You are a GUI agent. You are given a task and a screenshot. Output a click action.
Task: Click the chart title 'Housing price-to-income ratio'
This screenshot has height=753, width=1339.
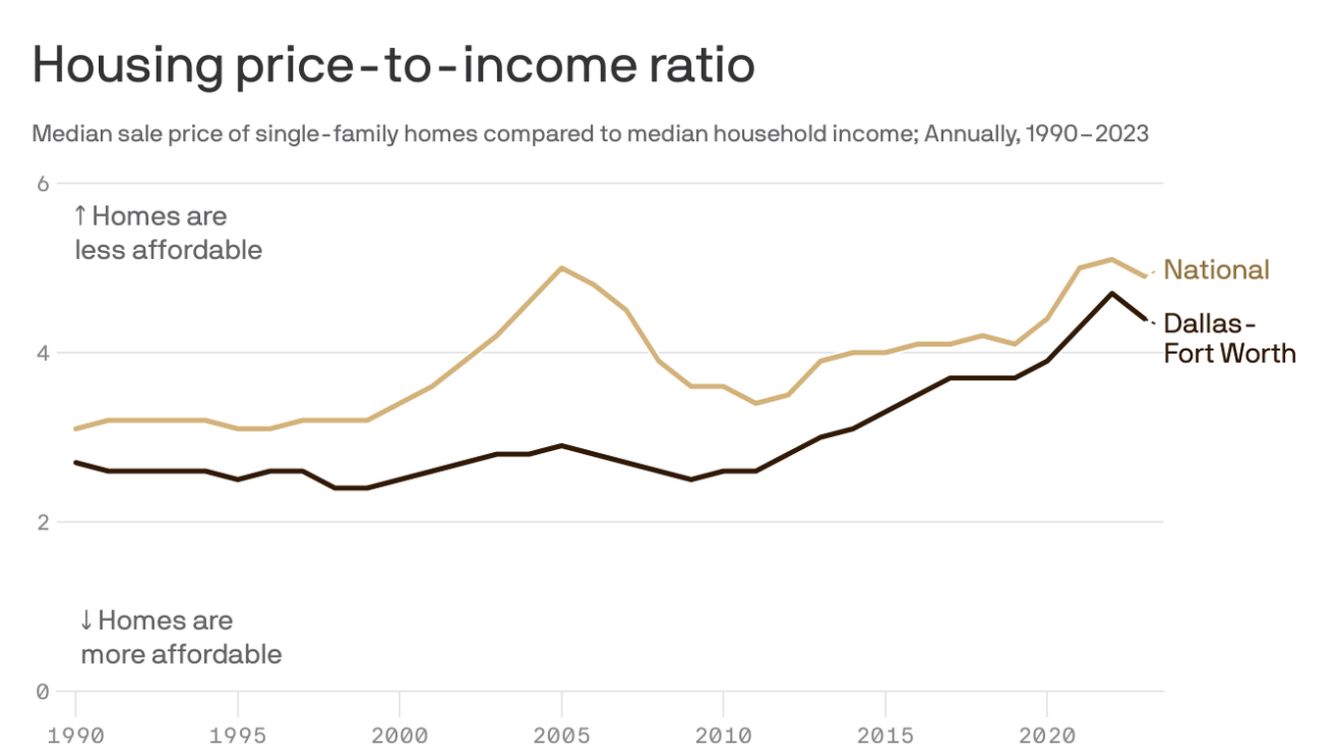393,66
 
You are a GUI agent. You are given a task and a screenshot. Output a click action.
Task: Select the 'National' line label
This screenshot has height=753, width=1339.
1215,270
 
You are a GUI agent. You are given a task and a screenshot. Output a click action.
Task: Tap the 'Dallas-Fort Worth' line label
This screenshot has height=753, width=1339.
1228,338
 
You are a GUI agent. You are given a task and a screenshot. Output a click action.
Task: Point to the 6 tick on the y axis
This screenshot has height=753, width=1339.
43,183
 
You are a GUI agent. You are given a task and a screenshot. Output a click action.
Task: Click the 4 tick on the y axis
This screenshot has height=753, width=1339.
43,353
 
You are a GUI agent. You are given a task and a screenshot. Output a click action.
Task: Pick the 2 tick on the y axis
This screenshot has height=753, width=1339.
43,523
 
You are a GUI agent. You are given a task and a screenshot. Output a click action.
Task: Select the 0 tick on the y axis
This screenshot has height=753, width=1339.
43,692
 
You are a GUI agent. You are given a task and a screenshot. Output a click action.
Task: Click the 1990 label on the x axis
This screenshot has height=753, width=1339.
76,734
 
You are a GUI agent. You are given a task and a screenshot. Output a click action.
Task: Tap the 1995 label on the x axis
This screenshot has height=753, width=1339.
238,734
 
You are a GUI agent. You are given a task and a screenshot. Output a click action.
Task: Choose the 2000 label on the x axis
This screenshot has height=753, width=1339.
400,734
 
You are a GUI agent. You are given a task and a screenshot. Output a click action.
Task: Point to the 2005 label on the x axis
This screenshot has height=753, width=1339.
562,734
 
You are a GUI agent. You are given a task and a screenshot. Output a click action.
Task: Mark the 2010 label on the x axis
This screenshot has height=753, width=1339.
723,734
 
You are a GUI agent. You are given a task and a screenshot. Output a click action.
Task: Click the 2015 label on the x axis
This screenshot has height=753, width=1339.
885,734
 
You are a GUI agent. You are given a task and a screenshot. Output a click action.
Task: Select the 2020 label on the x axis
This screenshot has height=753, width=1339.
1047,734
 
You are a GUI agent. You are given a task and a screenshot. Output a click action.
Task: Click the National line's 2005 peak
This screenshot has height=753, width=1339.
561,268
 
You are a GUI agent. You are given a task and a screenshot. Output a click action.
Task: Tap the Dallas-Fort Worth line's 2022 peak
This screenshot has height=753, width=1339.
1112,293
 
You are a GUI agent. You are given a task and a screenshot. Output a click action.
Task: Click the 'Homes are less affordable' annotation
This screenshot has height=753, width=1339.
169,232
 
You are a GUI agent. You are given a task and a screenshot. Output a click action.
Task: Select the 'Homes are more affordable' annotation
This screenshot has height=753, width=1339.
180,637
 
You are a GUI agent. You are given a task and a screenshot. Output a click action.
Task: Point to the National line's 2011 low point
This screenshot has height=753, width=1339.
755,403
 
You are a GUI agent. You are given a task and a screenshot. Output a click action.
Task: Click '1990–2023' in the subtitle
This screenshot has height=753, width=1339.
1086,133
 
